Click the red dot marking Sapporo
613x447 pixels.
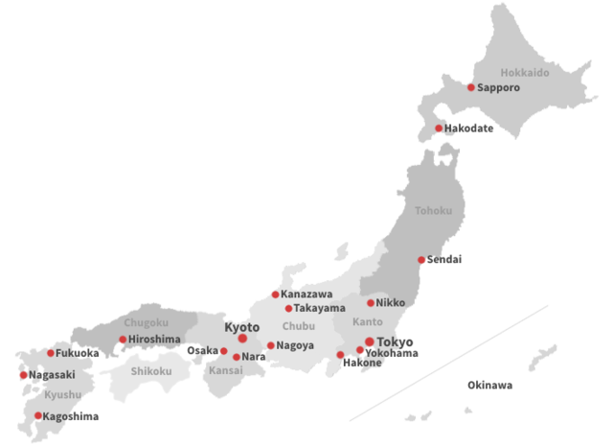(x=471, y=87)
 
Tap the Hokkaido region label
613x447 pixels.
(x=525, y=72)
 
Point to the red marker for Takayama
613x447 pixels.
(x=288, y=308)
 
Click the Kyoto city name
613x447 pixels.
(x=241, y=326)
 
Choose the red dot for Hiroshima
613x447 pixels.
(x=123, y=339)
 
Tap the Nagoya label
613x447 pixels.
(x=295, y=345)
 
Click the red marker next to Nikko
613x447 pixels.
(x=371, y=302)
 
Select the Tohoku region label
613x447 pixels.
(x=433, y=210)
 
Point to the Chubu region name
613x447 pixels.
(x=298, y=326)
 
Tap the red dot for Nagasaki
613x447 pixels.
(x=23, y=375)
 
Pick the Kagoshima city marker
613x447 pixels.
(x=38, y=415)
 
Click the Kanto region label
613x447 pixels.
(x=367, y=321)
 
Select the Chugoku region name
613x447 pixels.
(x=146, y=322)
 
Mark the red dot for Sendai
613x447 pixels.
(x=421, y=260)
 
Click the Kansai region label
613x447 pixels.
(x=226, y=370)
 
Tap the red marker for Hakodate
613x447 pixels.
(x=439, y=129)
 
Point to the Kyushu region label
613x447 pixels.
(x=62, y=394)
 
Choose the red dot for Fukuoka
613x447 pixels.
(x=51, y=353)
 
